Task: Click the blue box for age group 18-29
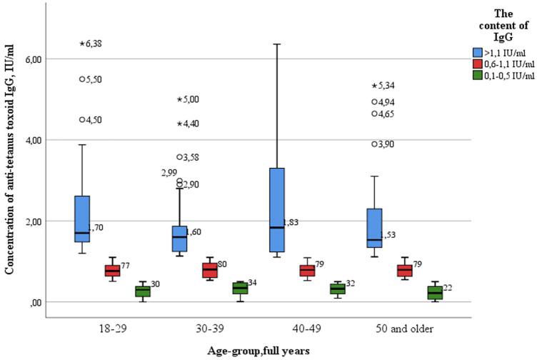tap(82, 219)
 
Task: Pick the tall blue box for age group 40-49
tap(276, 210)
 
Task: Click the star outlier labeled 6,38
tap(82, 44)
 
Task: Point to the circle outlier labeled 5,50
tap(82, 79)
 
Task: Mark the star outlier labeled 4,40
tap(179, 124)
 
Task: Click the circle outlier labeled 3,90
tap(373, 144)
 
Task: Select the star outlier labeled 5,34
tap(373, 86)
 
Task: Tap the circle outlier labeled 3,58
tap(179, 156)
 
